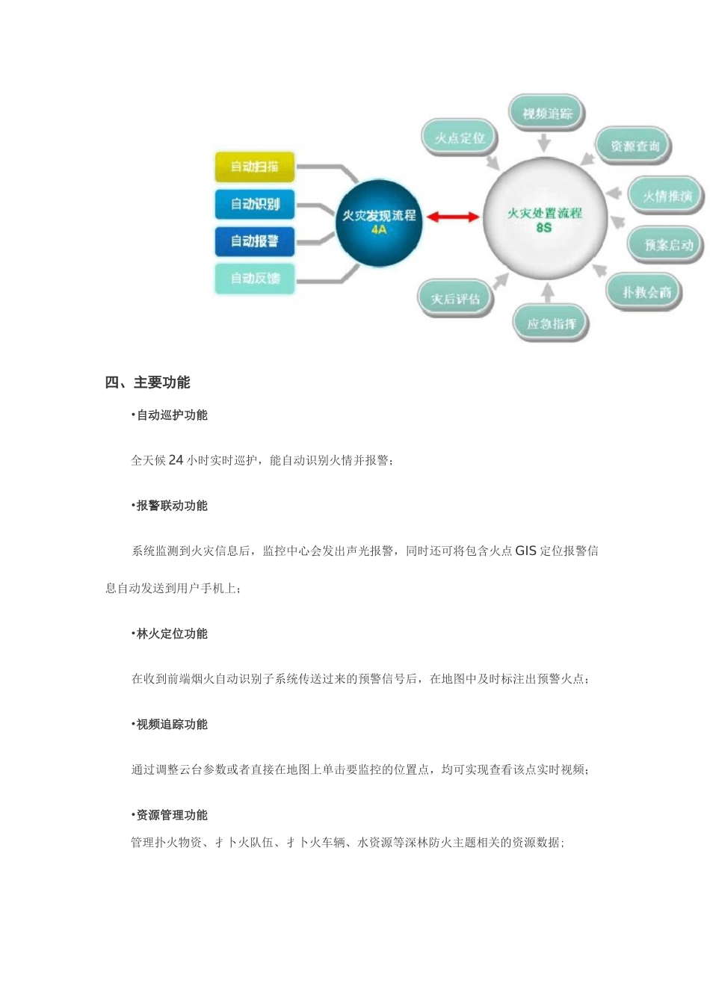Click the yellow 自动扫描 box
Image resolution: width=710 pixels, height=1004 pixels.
click(254, 167)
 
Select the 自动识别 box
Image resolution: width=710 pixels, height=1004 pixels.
click(254, 204)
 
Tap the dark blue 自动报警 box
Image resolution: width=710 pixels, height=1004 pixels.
click(254, 241)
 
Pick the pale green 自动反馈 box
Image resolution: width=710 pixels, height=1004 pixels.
click(254, 278)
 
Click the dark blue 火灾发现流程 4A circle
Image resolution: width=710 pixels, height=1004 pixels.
click(379, 222)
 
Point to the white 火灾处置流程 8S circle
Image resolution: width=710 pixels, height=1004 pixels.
click(544, 219)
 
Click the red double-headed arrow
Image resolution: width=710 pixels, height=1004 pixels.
click(453, 217)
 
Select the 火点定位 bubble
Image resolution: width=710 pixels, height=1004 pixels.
click(460, 138)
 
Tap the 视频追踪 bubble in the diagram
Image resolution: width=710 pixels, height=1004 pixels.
click(547, 114)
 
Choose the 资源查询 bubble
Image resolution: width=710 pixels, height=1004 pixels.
click(635, 146)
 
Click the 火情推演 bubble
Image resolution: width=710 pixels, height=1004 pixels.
click(667, 196)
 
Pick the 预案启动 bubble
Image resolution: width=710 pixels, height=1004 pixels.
click(667, 244)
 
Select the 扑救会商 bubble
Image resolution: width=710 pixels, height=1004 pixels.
click(646, 292)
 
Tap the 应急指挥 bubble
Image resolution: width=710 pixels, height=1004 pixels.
click(551, 323)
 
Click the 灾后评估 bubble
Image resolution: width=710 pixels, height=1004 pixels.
click(455, 299)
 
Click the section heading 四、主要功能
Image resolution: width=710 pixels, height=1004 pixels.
click(148, 382)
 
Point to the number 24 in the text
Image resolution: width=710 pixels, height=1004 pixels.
click(176, 460)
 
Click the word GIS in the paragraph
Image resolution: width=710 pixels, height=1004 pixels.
click(525, 551)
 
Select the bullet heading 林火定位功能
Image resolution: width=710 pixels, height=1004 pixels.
click(171, 633)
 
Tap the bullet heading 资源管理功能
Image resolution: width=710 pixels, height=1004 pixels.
click(171, 815)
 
